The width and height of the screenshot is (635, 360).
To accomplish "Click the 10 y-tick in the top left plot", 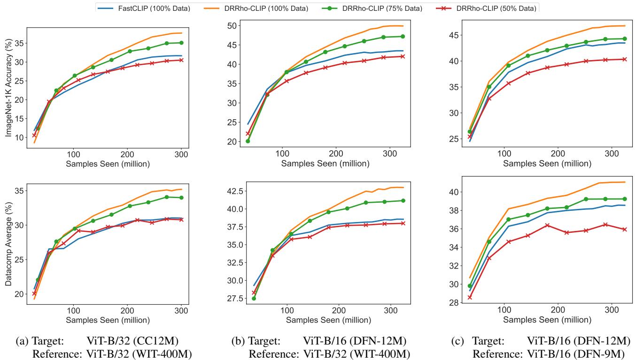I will (x=18, y=138).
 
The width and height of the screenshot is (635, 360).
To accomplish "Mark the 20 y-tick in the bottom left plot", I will (x=18, y=294).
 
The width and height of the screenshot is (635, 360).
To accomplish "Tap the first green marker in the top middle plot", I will (x=248, y=141).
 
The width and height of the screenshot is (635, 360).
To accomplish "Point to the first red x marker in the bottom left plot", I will (x=34, y=293).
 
